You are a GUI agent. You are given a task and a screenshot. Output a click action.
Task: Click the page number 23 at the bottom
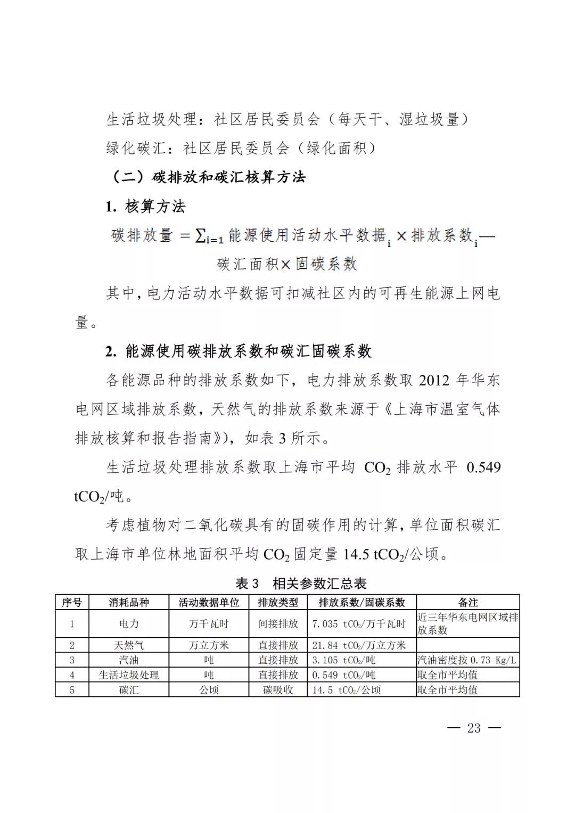click(x=474, y=728)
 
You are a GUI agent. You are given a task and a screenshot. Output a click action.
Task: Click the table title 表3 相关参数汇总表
click(x=301, y=584)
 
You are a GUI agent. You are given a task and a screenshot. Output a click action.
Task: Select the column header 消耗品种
click(x=129, y=603)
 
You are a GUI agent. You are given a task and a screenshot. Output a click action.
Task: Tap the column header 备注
click(x=468, y=603)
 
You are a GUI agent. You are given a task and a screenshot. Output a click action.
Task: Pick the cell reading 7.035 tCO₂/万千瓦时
click(x=359, y=624)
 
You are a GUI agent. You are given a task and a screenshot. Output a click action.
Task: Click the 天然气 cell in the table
click(x=129, y=645)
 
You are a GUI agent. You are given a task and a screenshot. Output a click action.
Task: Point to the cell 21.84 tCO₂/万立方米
click(x=359, y=645)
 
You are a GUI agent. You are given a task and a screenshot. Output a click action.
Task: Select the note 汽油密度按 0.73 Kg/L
click(x=466, y=660)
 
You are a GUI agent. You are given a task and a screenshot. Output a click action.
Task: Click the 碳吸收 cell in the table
click(x=278, y=690)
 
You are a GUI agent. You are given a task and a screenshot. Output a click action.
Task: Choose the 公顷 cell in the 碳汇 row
click(x=209, y=690)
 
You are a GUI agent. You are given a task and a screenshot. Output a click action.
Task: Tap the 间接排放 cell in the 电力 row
click(x=278, y=624)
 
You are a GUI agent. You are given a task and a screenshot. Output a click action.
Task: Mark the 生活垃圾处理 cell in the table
click(x=129, y=675)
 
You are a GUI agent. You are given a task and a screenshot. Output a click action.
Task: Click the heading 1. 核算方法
click(x=145, y=207)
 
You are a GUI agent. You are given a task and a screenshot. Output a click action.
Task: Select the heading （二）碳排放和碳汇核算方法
click(x=208, y=177)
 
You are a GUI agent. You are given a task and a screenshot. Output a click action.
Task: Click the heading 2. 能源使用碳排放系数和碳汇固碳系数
click(x=238, y=351)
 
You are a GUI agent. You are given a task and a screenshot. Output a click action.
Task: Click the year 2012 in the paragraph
click(x=434, y=381)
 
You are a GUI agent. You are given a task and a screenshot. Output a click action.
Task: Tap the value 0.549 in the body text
click(x=483, y=467)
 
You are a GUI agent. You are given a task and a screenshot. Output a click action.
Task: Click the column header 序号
click(x=72, y=603)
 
